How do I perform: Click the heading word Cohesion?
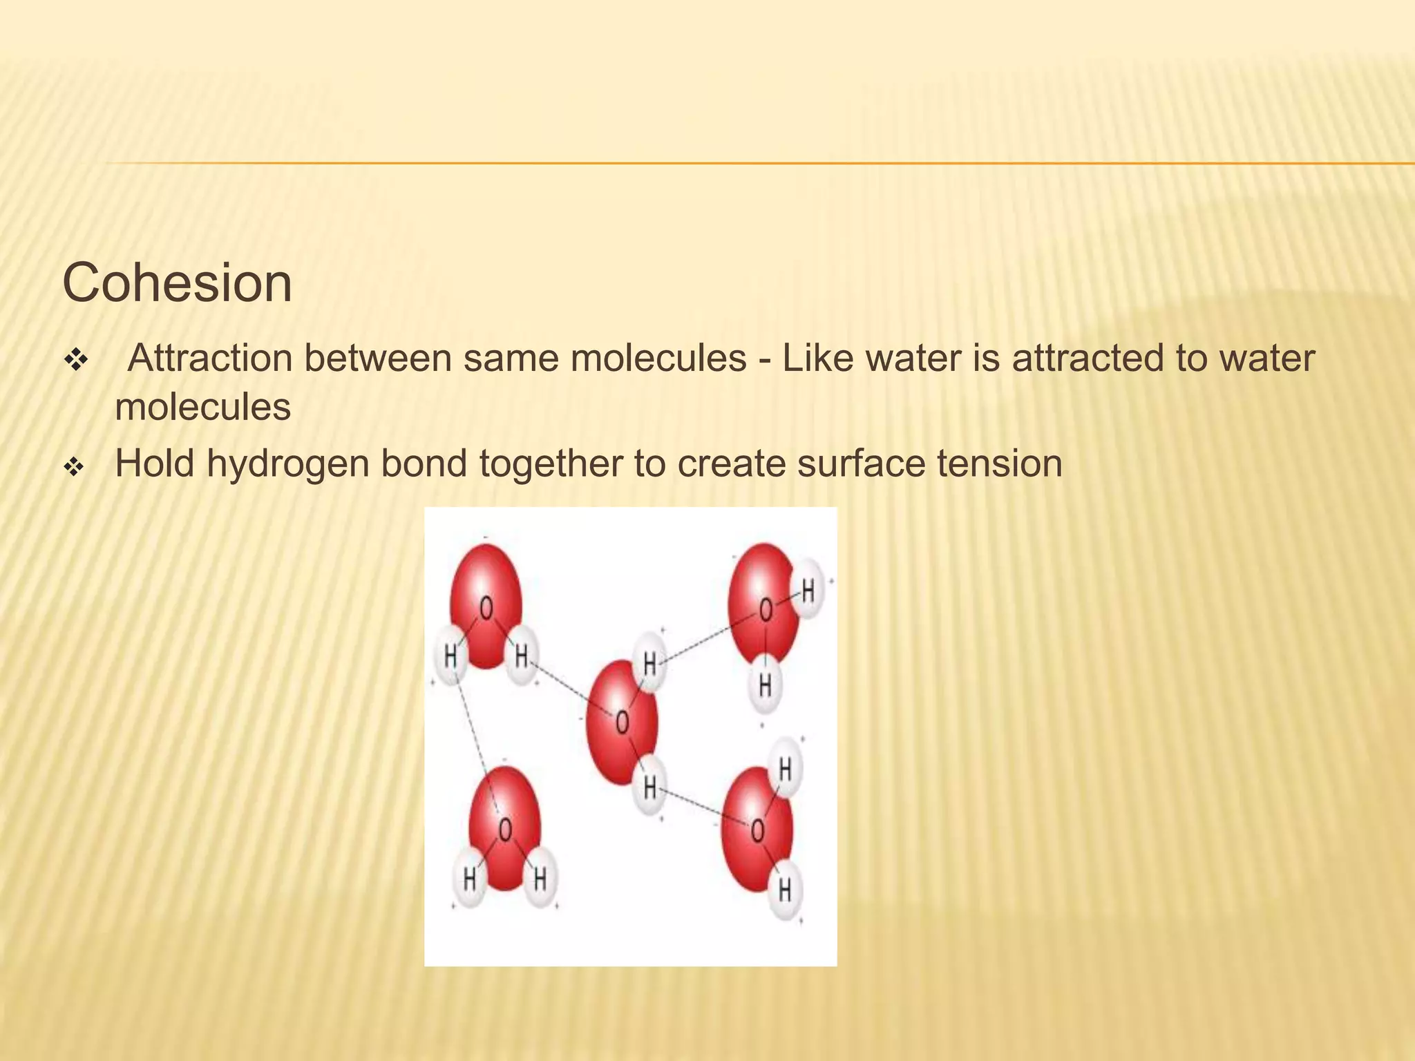pyautogui.click(x=177, y=283)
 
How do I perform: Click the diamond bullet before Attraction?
pyautogui.click(x=74, y=360)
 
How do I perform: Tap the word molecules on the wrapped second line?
pyautogui.click(x=202, y=407)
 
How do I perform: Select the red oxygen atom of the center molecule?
pyautogui.click(x=622, y=722)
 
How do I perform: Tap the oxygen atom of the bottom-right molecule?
pyautogui.click(x=757, y=829)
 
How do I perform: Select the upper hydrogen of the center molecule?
pyautogui.click(x=649, y=663)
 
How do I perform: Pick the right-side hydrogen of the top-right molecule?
pyautogui.click(x=808, y=591)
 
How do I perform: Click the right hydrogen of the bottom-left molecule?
pyautogui.click(x=540, y=879)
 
